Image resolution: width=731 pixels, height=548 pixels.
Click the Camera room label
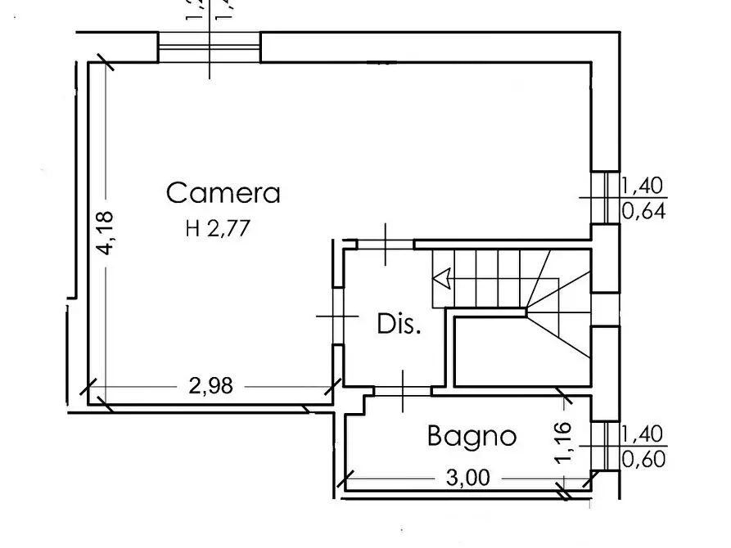tap(223, 194)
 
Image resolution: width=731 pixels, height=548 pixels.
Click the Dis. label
tap(399, 325)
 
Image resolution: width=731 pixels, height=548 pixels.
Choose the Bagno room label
tap(472, 437)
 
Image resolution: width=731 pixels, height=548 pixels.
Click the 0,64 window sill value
tap(644, 212)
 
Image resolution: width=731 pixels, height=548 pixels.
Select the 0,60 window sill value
tap(644, 460)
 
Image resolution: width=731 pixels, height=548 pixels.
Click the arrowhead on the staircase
tap(442, 280)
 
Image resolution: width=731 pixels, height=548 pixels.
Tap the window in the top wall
tap(210, 47)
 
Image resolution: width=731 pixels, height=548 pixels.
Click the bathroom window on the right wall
tap(606, 447)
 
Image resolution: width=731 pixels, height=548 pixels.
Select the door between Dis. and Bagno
tap(403, 391)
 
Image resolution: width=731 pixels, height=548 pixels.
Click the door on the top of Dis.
tap(386, 243)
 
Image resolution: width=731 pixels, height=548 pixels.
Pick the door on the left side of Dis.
tap(336, 316)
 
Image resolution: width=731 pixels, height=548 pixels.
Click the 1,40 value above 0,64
tap(644, 186)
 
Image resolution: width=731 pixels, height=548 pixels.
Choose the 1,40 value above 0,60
tap(644, 434)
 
